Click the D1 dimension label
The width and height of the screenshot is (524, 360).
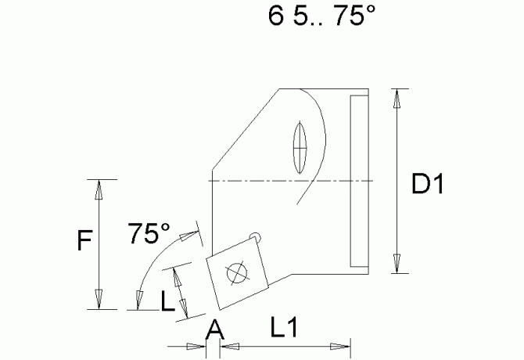(428, 185)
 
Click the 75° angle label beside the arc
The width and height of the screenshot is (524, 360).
(149, 233)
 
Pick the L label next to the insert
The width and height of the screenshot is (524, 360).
(167, 301)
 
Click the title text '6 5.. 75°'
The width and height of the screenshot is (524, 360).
(317, 17)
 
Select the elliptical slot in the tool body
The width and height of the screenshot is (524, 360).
(299, 146)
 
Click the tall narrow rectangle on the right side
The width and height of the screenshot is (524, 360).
(358, 180)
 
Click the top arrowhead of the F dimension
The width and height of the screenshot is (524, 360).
(99, 189)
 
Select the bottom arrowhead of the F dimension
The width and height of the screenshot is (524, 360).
(99, 299)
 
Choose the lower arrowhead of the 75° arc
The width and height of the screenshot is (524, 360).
(139, 300)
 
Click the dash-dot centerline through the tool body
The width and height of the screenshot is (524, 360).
(289, 181)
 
